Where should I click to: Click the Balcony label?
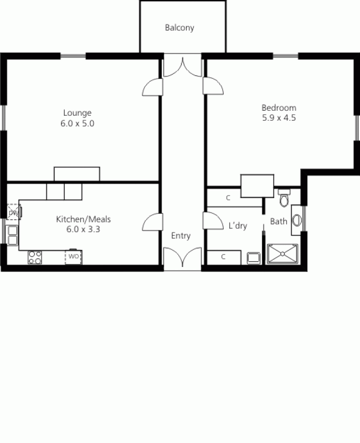180,28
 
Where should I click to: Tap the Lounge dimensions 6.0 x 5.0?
77,123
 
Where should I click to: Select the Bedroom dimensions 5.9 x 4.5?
279,118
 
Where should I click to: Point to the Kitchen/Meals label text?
83,220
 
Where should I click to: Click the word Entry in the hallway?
181,235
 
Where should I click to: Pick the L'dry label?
237,226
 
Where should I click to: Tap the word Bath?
279,221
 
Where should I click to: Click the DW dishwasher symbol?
13,212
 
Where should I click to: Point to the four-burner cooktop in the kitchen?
35,257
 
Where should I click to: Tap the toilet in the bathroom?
284,198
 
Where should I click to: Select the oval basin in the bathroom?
297,220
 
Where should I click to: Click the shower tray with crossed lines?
283,253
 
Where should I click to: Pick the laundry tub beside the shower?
253,258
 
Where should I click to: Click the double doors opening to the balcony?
183,66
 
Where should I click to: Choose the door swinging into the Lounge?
152,86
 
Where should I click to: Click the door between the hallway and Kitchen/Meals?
152,221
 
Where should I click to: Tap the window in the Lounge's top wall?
73,56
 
